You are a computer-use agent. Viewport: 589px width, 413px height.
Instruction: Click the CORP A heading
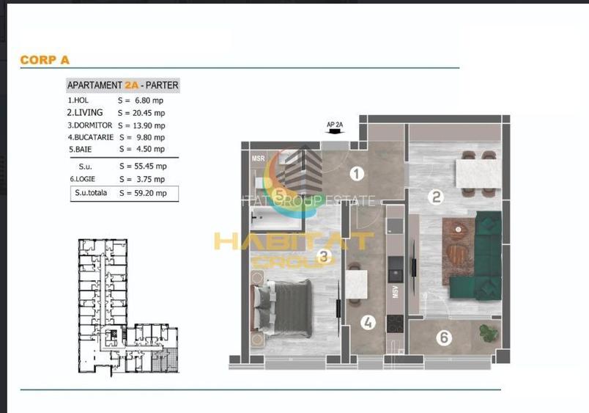pyautogui.click(x=45, y=60)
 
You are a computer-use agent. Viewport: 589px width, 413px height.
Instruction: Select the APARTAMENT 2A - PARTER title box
pyautogui.click(x=122, y=85)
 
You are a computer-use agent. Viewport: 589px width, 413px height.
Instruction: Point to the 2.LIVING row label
pyautogui.click(x=85, y=113)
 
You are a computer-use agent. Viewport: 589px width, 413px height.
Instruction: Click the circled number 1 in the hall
pyautogui.click(x=357, y=174)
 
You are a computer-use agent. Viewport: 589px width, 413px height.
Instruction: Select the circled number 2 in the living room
pyautogui.click(x=437, y=197)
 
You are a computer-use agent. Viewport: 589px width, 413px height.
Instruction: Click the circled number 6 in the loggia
pyautogui.click(x=442, y=338)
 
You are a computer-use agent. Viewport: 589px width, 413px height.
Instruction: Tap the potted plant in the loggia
pyautogui.click(x=489, y=332)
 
